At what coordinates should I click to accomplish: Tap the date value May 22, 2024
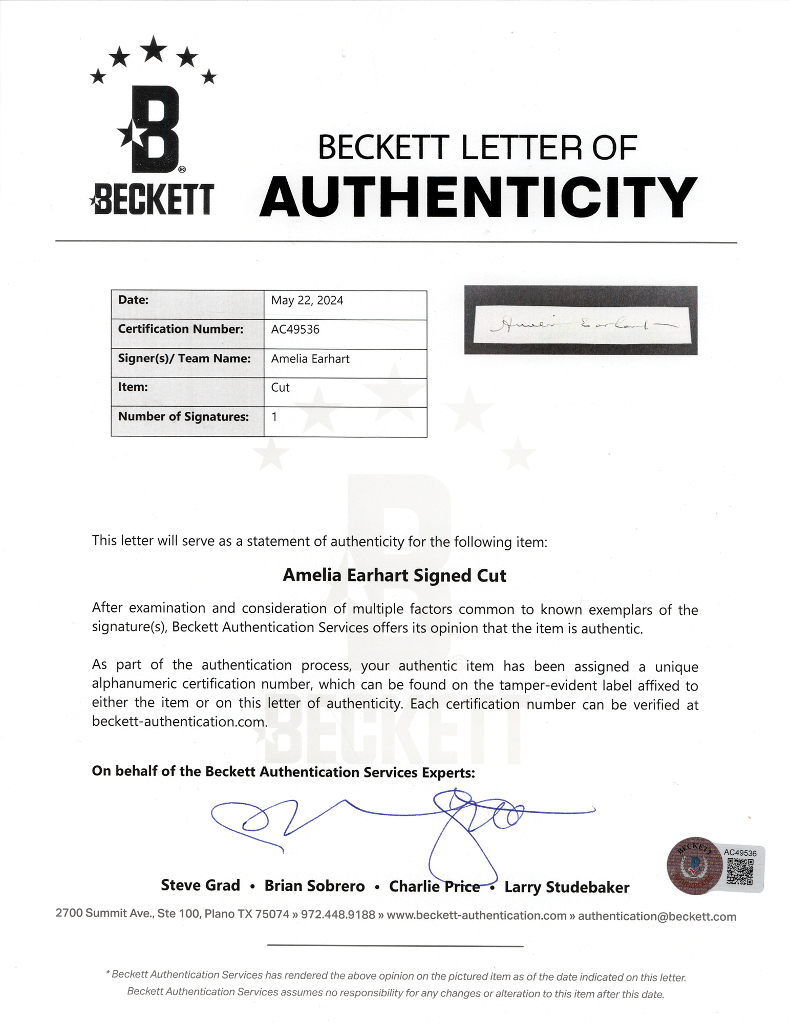click(307, 300)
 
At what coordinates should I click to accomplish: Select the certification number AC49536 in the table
click(295, 329)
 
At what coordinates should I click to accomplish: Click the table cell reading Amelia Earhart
click(310, 359)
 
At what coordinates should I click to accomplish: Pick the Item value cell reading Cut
click(280, 388)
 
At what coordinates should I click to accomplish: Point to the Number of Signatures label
click(183, 417)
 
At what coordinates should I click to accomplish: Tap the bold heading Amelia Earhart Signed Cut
click(394, 575)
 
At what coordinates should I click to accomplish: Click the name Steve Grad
click(200, 885)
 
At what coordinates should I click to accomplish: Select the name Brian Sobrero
click(314, 886)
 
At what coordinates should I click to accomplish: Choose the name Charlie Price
click(434, 886)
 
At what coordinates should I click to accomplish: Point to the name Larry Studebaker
click(567, 887)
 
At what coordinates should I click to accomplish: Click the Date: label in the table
click(133, 300)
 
